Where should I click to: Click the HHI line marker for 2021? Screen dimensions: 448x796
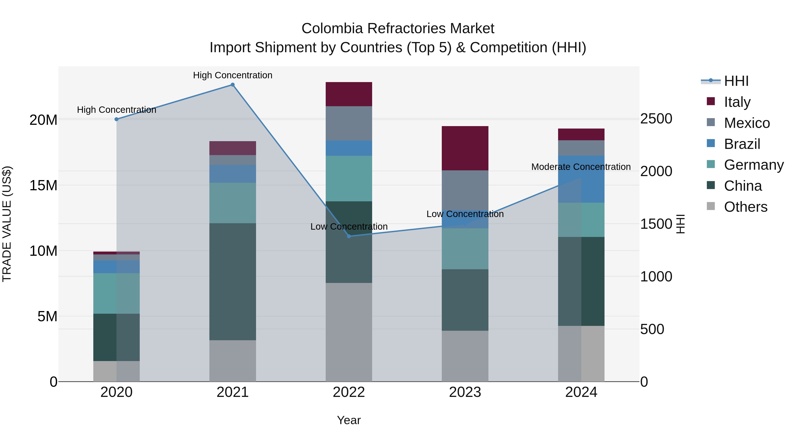(x=233, y=85)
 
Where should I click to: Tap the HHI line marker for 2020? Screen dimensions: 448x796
(x=117, y=119)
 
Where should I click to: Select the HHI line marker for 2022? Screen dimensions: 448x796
(x=349, y=236)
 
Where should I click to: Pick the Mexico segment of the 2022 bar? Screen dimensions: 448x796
(x=349, y=123)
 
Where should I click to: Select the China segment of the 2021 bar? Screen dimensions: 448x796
(x=233, y=282)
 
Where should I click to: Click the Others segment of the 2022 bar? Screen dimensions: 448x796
(x=349, y=332)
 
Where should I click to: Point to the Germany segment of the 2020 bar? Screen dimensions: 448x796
(x=117, y=293)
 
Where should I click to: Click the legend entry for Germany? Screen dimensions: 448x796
(x=753, y=165)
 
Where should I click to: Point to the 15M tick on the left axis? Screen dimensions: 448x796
(x=43, y=186)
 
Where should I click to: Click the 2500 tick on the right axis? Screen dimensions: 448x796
(x=656, y=119)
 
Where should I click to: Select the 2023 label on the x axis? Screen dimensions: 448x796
(x=465, y=392)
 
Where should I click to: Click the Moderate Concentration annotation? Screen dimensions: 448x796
(x=581, y=167)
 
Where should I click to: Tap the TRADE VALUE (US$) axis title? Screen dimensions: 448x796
(x=7, y=224)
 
